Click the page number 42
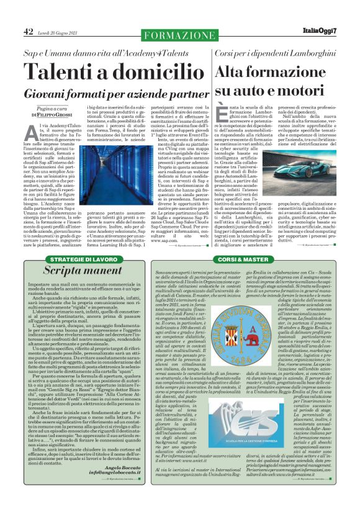(x=27, y=32)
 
